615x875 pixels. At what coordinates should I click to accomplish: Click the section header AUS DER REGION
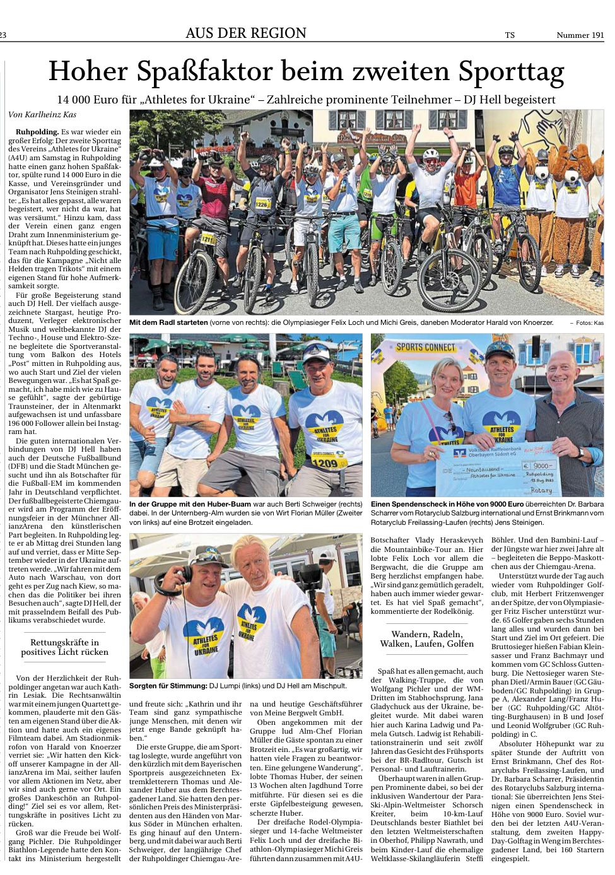coord(245,33)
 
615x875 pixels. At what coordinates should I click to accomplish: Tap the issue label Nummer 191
coord(580,35)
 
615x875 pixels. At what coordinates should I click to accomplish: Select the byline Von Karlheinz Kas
coord(42,115)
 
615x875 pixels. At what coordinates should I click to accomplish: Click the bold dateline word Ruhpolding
coord(37,132)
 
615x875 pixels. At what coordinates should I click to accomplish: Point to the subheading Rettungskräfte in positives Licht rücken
coord(65,647)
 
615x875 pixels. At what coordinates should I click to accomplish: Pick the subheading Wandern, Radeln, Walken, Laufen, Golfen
coord(426,638)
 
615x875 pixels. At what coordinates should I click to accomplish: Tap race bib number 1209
coord(325,463)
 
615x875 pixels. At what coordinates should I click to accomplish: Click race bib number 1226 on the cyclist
coord(262,204)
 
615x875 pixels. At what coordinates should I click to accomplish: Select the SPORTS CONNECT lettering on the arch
coord(426,347)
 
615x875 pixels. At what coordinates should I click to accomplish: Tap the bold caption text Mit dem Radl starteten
coord(168,322)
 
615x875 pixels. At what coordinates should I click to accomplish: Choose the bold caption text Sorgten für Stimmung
coord(168,685)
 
